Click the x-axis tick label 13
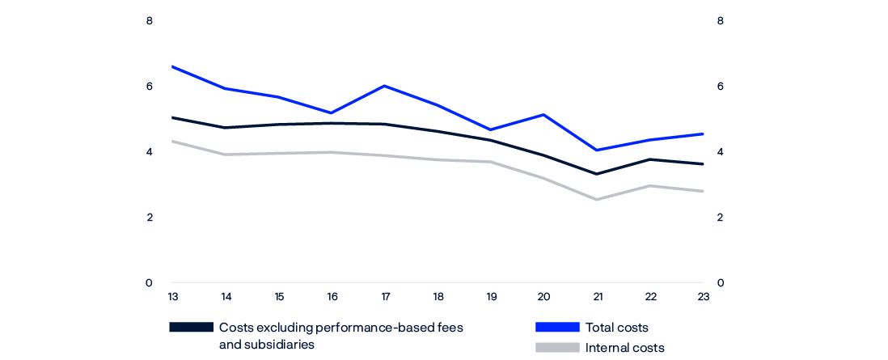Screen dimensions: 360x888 (172, 296)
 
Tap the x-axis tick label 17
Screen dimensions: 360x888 (385, 296)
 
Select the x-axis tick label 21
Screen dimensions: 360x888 (597, 296)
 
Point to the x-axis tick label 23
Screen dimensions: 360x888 (704, 296)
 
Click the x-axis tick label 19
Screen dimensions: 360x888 (491, 296)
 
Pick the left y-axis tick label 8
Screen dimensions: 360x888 (150, 21)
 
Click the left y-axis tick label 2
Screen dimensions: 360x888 (150, 218)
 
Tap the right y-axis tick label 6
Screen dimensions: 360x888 (720, 87)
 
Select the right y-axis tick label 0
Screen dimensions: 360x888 (720, 283)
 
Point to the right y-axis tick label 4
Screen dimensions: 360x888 (720, 152)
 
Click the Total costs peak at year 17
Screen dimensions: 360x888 (385, 86)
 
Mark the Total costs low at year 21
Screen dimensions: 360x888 (597, 150)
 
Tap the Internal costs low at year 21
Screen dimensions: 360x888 (597, 200)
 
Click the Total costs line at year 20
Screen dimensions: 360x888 (544, 115)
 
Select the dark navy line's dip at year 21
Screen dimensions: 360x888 (597, 174)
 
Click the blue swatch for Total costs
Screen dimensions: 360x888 (557, 328)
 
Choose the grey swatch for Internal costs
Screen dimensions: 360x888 (557, 348)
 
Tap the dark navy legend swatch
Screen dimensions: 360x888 (191, 328)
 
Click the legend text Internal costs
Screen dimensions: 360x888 (625, 348)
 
